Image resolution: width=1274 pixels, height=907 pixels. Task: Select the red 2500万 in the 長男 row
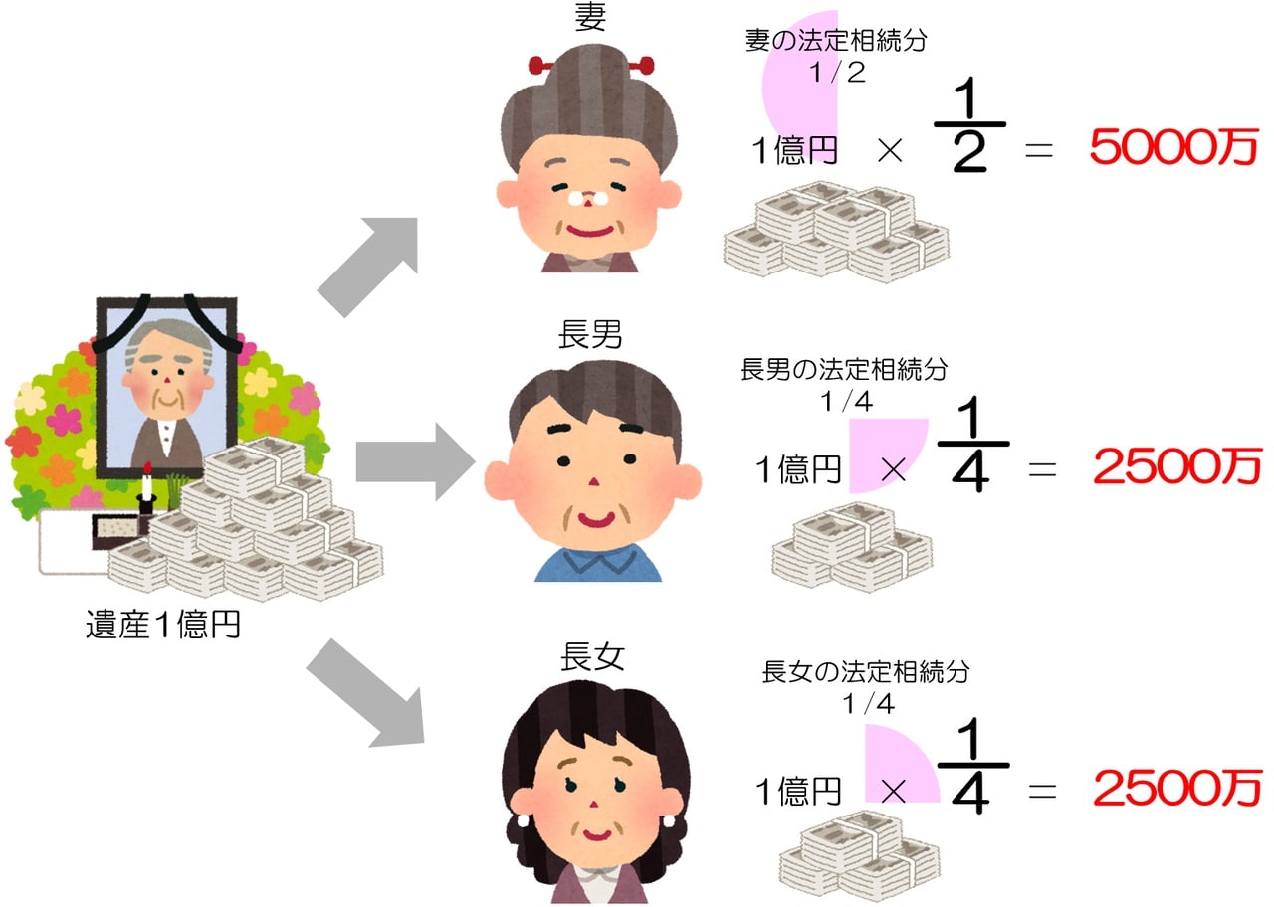(1176, 466)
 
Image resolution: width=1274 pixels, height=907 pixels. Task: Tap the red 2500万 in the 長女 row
(1176, 788)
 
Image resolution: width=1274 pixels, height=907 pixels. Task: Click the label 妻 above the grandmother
(590, 18)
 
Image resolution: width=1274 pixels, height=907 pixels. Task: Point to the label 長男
(590, 334)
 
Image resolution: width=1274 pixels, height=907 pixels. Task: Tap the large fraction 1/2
(969, 126)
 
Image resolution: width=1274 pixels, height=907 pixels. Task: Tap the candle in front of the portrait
(147, 488)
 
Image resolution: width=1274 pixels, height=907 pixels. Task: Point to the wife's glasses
(589, 197)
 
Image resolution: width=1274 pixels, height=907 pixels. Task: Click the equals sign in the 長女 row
(1040, 791)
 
